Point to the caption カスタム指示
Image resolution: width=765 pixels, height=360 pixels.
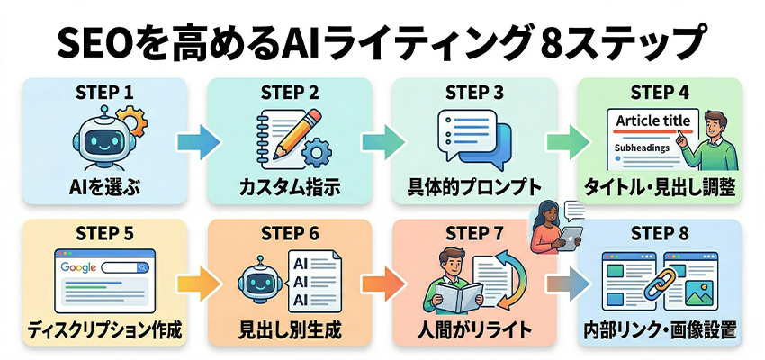pyautogui.click(x=289, y=188)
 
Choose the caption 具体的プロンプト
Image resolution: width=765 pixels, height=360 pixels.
pyautogui.click(x=475, y=188)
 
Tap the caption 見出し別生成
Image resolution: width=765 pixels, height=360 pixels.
pyautogui.click(x=289, y=330)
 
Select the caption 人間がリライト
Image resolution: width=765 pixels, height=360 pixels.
pyautogui.click(x=475, y=330)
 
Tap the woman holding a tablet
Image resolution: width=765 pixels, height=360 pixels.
pyautogui.click(x=552, y=230)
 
